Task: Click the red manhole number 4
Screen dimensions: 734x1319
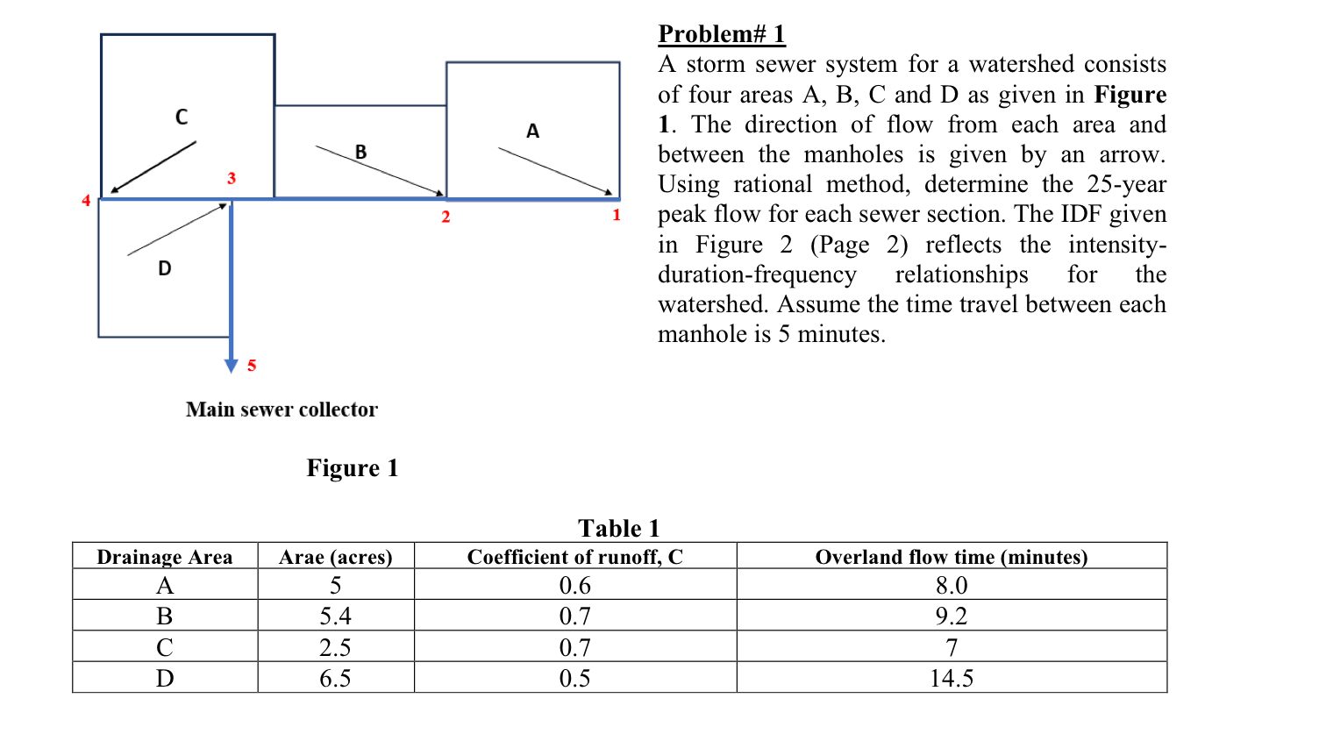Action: tap(86, 201)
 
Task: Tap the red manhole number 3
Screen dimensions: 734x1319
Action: tap(232, 178)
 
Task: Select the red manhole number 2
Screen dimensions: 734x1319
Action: tap(446, 217)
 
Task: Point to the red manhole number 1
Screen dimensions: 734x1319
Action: tap(617, 215)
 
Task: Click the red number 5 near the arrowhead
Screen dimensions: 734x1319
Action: tap(252, 366)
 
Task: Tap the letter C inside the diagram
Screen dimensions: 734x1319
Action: tap(182, 118)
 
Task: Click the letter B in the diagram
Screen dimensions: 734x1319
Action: tap(360, 152)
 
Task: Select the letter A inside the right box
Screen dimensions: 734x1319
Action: tap(532, 132)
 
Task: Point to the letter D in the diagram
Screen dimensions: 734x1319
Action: tap(165, 268)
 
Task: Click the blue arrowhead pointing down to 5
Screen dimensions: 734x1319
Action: tap(232, 366)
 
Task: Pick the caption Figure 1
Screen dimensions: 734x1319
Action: tap(353, 468)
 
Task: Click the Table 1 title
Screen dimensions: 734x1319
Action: tap(618, 528)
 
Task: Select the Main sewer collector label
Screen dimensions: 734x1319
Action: tap(282, 410)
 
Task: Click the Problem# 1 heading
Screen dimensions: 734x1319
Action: tap(722, 34)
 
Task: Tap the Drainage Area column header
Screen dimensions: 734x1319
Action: tap(165, 557)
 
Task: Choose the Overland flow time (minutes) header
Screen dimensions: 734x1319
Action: tap(952, 557)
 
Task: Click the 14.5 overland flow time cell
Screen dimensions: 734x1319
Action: tap(952, 678)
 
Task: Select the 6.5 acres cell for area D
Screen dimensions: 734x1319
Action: tap(335, 678)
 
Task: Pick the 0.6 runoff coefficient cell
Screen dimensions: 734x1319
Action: tap(575, 585)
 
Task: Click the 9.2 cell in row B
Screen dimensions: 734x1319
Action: tap(952, 616)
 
